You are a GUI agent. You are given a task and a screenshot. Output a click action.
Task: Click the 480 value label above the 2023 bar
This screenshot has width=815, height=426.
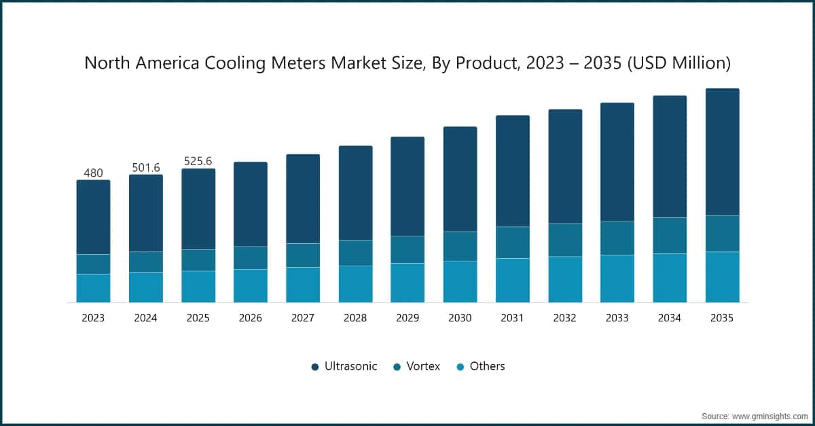tap(93, 173)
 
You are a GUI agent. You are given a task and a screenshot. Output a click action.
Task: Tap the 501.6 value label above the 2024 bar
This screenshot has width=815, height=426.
tap(146, 167)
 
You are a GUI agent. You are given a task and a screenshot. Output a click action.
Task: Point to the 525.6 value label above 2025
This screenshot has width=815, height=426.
tap(198, 161)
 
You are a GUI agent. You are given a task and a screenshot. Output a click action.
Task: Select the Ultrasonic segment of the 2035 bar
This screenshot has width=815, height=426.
tap(722, 152)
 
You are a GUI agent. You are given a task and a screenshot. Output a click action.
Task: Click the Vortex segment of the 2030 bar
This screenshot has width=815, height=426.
tap(460, 246)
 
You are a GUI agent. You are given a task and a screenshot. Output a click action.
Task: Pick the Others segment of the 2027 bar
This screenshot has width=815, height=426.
tap(303, 285)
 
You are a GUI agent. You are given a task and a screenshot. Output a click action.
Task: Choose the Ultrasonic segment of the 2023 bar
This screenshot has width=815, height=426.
tap(93, 217)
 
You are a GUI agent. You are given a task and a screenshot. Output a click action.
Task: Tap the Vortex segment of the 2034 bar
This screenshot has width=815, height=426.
tap(670, 236)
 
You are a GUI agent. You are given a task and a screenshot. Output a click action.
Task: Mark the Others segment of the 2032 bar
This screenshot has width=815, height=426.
tap(565, 279)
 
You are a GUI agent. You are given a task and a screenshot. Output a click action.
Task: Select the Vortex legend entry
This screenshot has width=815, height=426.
tap(416, 366)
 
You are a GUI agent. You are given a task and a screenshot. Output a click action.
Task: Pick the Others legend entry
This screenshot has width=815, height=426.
tap(480, 366)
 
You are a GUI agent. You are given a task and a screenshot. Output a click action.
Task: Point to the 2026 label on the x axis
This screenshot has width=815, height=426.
tap(251, 318)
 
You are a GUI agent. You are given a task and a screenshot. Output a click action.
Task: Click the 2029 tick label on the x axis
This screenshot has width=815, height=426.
tap(407, 318)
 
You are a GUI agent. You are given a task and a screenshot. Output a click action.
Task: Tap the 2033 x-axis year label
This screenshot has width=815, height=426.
tap(617, 318)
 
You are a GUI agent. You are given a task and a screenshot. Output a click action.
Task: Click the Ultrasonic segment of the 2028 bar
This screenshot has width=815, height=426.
tap(355, 193)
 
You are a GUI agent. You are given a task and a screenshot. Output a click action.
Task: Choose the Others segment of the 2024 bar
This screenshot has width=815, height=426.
tap(146, 287)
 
